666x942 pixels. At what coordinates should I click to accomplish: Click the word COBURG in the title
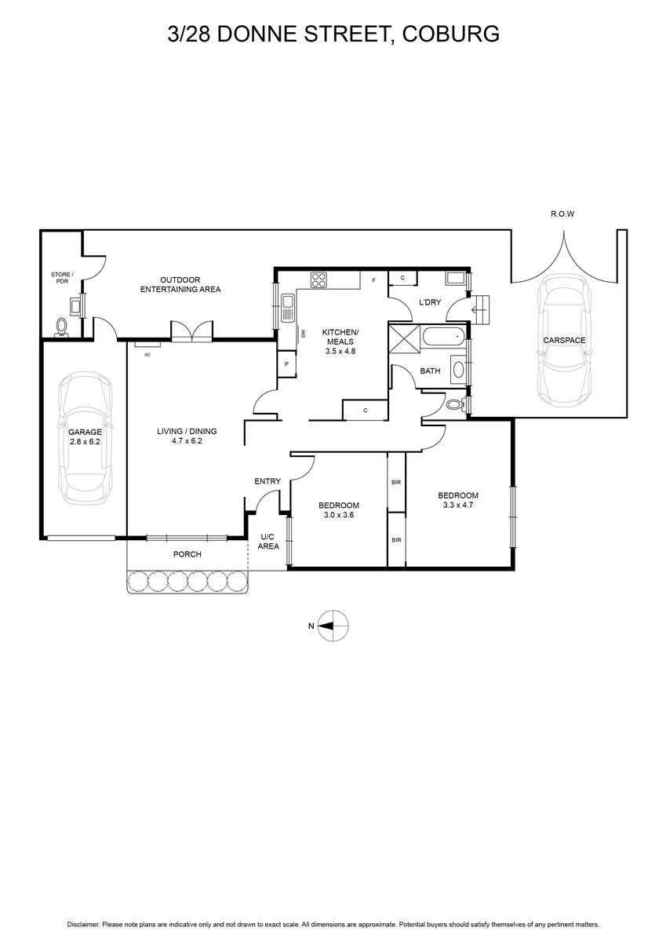[x=450, y=34]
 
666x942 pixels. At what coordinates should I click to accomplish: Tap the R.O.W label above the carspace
[x=562, y=214]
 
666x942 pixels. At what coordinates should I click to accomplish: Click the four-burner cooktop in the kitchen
[x=319, y=280]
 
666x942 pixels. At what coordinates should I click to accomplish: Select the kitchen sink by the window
[x=288, y=308]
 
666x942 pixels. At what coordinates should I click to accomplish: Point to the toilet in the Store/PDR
[x=61, y=327]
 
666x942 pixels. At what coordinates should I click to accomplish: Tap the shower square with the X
[x=405, y=339]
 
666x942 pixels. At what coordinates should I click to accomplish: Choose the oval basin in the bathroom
[x=458, y=370]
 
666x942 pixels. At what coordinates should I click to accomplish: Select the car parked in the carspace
[x=564, y=341]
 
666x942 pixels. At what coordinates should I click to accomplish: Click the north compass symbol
[x=333, y=626]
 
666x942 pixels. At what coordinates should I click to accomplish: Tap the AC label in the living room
[x=147, y=355]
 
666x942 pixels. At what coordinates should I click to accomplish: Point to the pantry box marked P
[x=286, y=364]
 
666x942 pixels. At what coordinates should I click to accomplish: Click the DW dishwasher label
[x=303, y=333]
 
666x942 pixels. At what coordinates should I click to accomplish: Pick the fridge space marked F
[x=373, y=280]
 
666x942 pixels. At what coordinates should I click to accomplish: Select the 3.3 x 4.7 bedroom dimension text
[x=458, y=505]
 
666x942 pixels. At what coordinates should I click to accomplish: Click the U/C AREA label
[x=268, y=542]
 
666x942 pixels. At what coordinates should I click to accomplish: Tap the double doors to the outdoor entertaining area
[x=191, y=331]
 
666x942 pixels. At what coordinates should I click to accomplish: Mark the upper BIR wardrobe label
[x=396, y=482]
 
